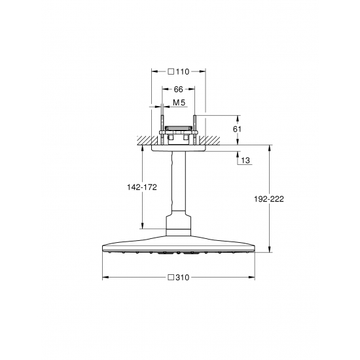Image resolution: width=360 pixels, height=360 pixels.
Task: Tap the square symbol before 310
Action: click(x=171, y=277)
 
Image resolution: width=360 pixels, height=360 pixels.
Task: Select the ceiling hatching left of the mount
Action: click(x=145, y=140)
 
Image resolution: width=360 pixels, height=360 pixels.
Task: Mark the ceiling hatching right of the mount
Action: click(x=211, y=140)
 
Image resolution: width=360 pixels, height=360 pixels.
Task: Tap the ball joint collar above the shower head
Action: click(x=178, y=226)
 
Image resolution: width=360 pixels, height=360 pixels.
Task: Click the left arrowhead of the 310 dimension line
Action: click(x=105, y=277)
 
